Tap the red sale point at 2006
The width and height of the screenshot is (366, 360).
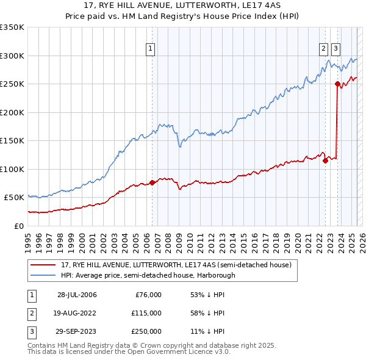pos(152,182)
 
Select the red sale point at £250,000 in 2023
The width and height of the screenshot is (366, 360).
pos(337,84)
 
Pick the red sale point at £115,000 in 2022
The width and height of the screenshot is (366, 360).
pos(325,160)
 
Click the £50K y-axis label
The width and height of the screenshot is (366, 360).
pos(15,198)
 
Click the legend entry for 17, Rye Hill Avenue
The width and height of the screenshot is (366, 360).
pos(176,265)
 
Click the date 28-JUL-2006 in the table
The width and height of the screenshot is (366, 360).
pos(77,295)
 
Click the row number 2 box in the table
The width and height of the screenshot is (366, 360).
pos(30,313)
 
